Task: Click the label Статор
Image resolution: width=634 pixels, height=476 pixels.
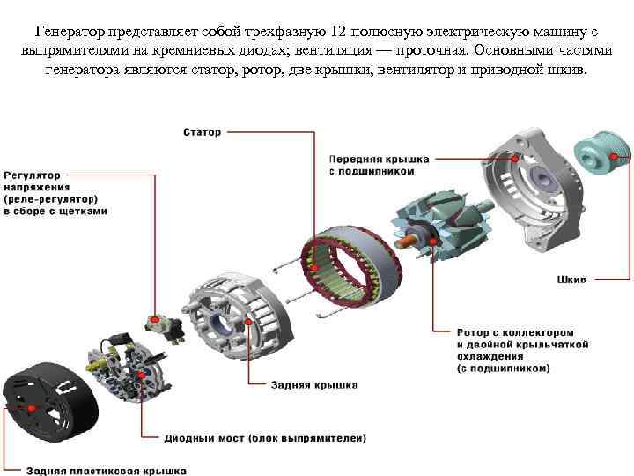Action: pyautogui.click(x=203, y=132)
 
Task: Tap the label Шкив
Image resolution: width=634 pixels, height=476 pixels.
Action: pyautogui.click(x=571, y=279)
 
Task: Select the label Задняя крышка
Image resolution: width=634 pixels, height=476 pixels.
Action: pyautogui.click(x=314, y=385)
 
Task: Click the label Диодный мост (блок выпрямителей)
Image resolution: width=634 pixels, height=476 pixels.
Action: pyautogui.click(x=265, y=438)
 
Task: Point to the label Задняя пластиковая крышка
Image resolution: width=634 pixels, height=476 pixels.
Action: pyautogui.click(x=107, y=471)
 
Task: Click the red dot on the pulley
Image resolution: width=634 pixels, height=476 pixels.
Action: pyautogui.click(x=615, y=157)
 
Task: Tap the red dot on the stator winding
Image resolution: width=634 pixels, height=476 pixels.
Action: pyautogui.click(x=314, y=267)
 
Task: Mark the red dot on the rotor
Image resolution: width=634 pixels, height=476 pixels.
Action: pyautogui.click(x=433, y=242)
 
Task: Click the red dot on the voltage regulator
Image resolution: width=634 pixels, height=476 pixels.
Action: pyautogui.click(x=155, y=319)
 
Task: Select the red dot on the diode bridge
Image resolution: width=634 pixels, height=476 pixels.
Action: pyautogui.click(x=142, y=376)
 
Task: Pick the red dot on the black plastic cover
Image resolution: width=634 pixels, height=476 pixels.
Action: pyautogui.click(x=31, y=408)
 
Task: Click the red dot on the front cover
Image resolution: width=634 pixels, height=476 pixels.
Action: pyautogui.click(x=515, y=159)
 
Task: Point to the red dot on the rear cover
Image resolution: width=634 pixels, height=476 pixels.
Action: pyautogui.click(x=248, y=322)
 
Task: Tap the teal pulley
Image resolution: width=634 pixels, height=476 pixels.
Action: pyautogui.click(x=602, y=154)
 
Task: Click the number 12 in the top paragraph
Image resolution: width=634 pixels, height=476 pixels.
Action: pyautogui.click(x=337, y=32)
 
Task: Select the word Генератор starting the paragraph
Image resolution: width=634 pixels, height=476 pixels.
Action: pyautogui.click(x=70, y=32)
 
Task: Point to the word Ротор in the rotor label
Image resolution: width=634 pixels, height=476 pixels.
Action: pyautogui.click(x=473, y=332)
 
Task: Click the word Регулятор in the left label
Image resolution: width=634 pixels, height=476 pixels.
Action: pyautogui.click(x=32, y=175)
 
